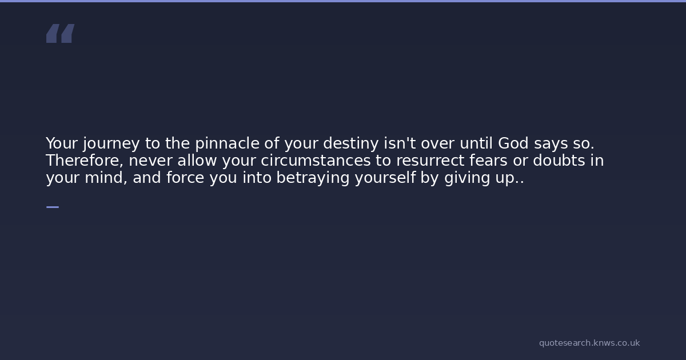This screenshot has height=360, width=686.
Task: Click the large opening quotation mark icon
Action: tap(61, 33)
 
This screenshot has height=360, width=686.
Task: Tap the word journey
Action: tap(111, 144)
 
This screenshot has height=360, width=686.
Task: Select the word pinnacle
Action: tap(228, 143)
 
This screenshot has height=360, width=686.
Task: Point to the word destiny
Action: tap(351, 144)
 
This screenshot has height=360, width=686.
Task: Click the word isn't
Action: tap(400, 143)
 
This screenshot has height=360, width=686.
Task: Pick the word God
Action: tap(513, 143)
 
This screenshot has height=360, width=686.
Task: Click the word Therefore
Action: tap(85, 161)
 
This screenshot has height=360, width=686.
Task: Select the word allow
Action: tap(197, 160)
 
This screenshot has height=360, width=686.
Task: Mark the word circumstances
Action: tap(316, 160)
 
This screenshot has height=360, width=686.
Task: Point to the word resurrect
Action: tap(430, 161)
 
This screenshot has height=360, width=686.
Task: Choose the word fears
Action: tap(488, 160)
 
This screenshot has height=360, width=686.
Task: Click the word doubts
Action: tap(559, 160)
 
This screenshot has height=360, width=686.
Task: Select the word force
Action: tap(185, 177)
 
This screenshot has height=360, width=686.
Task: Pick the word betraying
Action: tap(313, 178)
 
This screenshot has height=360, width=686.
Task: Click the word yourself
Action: tap(385, 178)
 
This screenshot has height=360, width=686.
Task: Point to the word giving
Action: tap(468, 178)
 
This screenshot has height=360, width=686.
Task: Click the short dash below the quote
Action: tap(53, 207)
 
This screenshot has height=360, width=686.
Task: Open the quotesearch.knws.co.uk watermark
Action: tap(589, 343)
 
